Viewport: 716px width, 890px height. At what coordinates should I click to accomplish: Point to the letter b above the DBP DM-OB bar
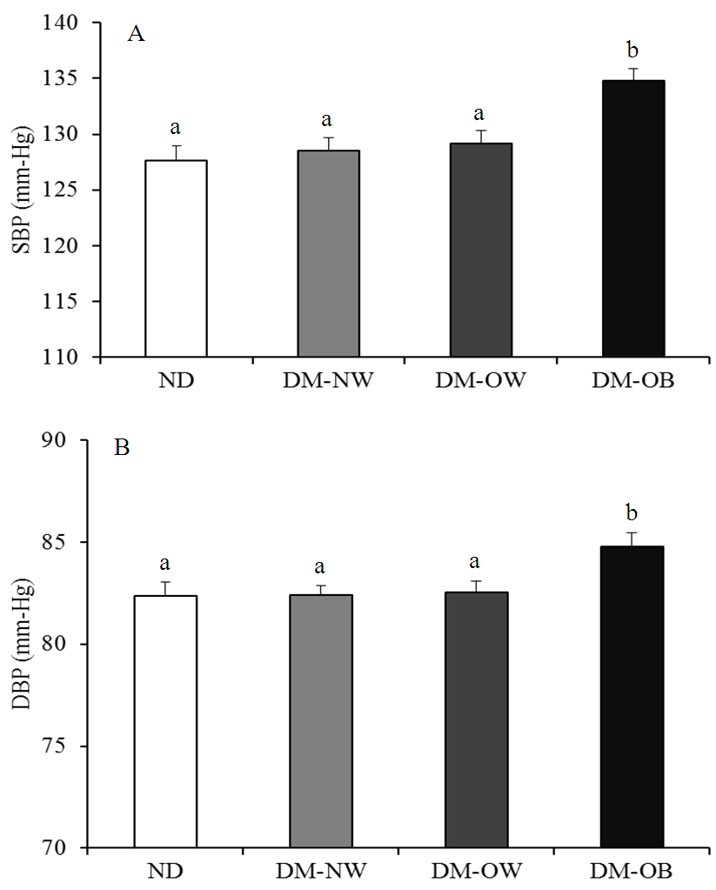coord(633,512)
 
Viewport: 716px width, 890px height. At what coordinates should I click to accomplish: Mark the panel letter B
coord(122,451)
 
